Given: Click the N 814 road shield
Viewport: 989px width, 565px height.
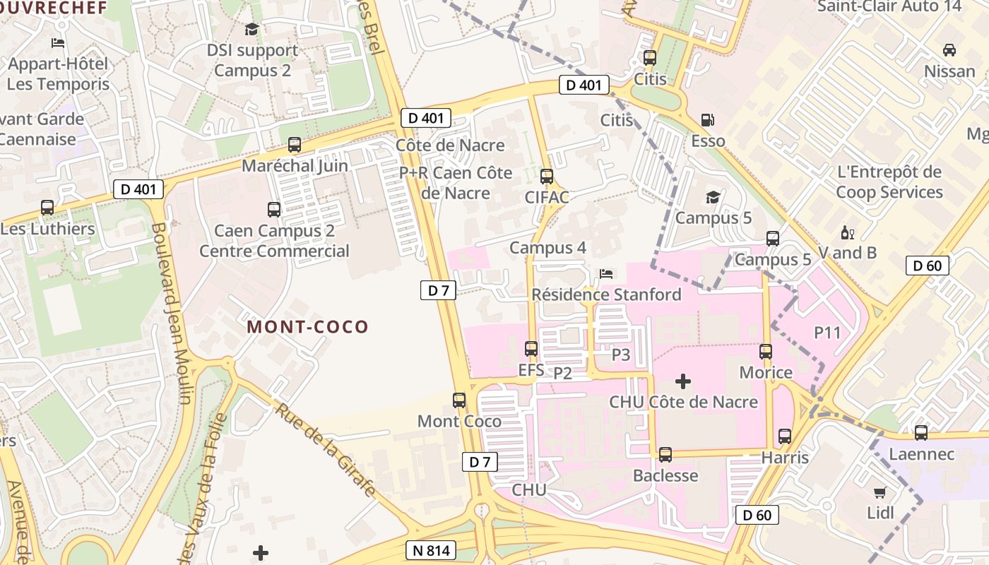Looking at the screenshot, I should (431, 551).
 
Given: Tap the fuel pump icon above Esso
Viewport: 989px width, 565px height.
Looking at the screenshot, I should (707, 121).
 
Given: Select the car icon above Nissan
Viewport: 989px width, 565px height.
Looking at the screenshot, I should (949, 50).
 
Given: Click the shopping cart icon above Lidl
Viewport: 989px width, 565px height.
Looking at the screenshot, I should (880, 492).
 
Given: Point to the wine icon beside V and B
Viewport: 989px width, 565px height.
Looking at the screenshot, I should (847, 232).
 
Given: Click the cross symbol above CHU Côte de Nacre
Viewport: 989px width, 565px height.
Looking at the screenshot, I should (682, 382).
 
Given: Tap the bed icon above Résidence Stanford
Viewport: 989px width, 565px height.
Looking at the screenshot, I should (606, 273).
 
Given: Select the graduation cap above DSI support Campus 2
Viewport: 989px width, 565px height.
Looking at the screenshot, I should (252, 30).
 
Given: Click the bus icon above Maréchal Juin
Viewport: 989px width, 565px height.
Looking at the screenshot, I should (295, 145).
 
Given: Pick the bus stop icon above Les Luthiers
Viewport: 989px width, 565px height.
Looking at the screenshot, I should (47, 208).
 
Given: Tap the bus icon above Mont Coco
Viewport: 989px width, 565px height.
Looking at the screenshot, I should (459, 400).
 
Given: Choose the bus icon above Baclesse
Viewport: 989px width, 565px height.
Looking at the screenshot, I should (665, 455).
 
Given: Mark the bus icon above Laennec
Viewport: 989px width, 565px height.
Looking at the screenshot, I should (921, 433).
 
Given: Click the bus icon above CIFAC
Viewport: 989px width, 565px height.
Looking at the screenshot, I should (547, 177).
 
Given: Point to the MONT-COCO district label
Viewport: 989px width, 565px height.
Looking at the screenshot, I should (308, 327).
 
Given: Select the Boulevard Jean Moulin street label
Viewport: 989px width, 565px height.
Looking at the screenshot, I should (171, 314).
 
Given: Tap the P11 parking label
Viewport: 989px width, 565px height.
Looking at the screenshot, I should (828, 332).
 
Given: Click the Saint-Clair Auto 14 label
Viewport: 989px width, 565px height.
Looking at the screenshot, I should (889, 6).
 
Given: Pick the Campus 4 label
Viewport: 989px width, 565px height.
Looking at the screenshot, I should (547, 248).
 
